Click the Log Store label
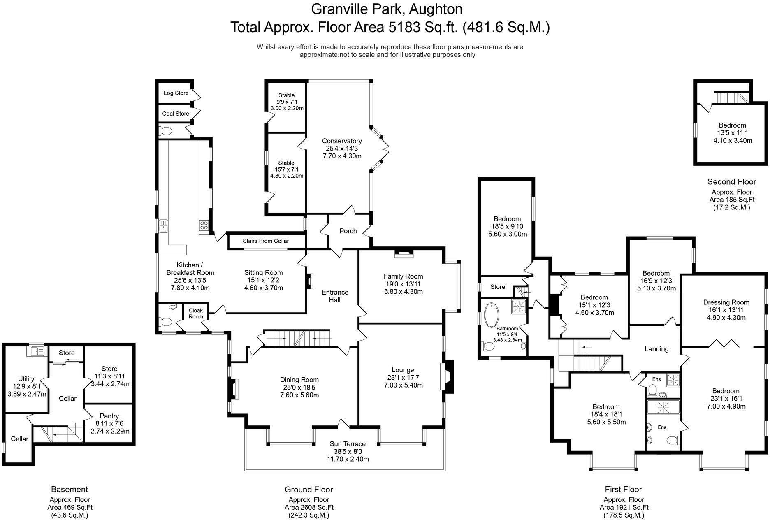pyautogui.click(x=176, y=93)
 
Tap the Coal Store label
pyautogui.click(x=176, y=114)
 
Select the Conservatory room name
pyautogui.click(x=341, y=141)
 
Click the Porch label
pyautogui.click(x=348, y=231)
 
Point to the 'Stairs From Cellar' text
pyautogui.click(x=266, y=241)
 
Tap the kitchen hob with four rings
pyautogui.click(x=204, y=225)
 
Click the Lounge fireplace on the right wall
pyautogui.click(x=447, y=377)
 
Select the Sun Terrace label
pyautogui.click(x=348, y=444)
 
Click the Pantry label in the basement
pyautogui.click(x=109, y=416)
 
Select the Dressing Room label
pyautogui.click(x=726, y=302)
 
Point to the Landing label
pyautogui.click(x=656, y=349)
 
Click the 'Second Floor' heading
pyautogui.click(x=731, y=182)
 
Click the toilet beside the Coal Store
pyautogui.click(x=166, y=131)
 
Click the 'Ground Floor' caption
pyautogui.click(x=308, y=490)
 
